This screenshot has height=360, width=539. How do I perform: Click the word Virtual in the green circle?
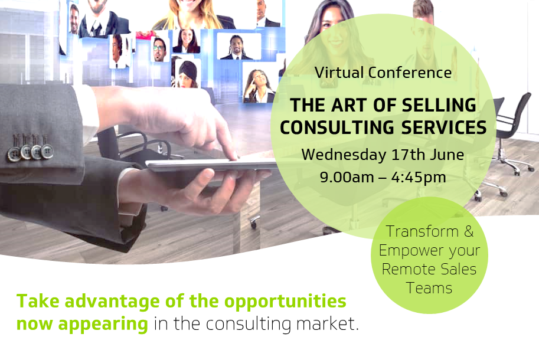click(x=339, y=73)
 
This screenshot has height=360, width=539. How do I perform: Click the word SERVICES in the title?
click(x=444, y=127)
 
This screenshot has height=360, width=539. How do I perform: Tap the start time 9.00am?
click(x=347, y=177)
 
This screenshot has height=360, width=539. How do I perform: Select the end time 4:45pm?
click(x=419, y=178)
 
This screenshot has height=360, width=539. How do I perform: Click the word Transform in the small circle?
click(x=422, y=231)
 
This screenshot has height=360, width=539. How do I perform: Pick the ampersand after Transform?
click(x=469, y=231)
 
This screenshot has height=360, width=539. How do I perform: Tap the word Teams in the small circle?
click(x=429, y=288)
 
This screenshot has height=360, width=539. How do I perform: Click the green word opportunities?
click(x=285, y=302)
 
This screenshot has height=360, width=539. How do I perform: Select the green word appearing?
click(x=103, y=324)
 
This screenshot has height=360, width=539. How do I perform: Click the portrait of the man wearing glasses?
click(x=160, y=49)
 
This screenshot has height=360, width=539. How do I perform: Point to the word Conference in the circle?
click(x=410, y=73)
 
